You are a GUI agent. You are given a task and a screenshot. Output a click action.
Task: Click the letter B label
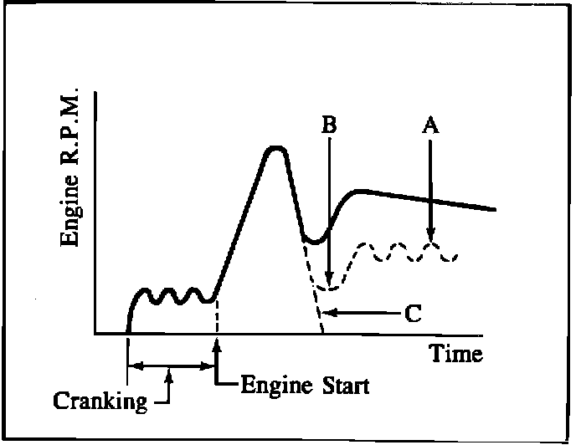click(x=330, y=125)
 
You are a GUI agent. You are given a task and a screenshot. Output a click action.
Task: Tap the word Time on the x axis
click(x=456, y=354)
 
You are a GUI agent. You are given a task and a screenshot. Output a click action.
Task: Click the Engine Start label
click(x=304, y=386)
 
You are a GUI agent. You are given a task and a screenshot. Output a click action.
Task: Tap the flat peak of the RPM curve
click(x=275, y=149)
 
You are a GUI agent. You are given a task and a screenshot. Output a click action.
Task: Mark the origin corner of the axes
click(x=97, y=334)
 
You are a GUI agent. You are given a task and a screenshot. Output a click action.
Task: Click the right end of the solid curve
click(x=496, y=209)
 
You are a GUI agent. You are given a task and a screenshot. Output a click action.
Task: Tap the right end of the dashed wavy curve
click(x=455, y=255)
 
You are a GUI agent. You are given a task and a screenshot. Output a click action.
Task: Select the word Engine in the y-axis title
click(x=72, y=218)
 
